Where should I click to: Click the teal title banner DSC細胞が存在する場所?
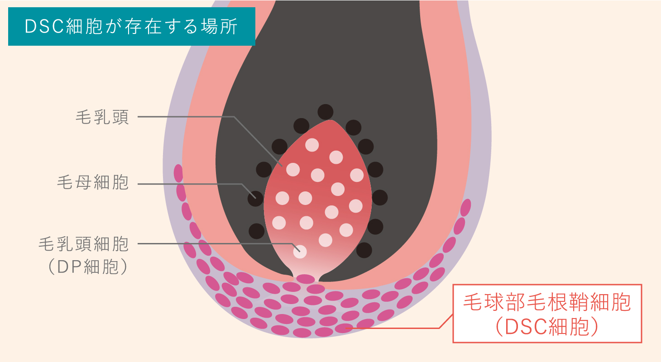pyautogui.click(x=132, y=27)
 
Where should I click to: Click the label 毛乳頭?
pyautogui.click(x=102, y=117)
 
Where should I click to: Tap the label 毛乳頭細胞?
pyautogui.click(x=84, y=244)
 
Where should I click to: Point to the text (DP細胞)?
pyautogui.click(x=88, y=267)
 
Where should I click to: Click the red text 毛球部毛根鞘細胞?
pyautogui.click(x=547, y=302)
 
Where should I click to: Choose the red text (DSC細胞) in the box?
pyautogui.click(x=547, y=327)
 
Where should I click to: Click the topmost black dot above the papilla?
pyautogui.click(x=326, y=112)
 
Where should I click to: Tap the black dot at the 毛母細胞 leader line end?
pyautogui.click(x=255, y=199)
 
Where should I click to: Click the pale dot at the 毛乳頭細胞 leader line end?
pyautogui.click(x=300, y=252)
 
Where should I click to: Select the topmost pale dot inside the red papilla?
pyautogui.click(x=312, y=145)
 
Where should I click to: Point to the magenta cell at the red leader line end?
pyautogui.click(x=344, y=328)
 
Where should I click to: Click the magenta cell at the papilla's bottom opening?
pyautogui.click(x=306, y=279)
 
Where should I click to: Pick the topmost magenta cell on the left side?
pyautogui.click(x=178, y=173)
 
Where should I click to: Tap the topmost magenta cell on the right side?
pyautogui.click(x=466, y=208)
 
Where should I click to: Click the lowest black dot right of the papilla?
pyautogui.click(x=364, y=250)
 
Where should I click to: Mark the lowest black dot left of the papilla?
pyautogui.click(x=257, y=231)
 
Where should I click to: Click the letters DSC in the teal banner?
pyautogui.click(x=44, y=27)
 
